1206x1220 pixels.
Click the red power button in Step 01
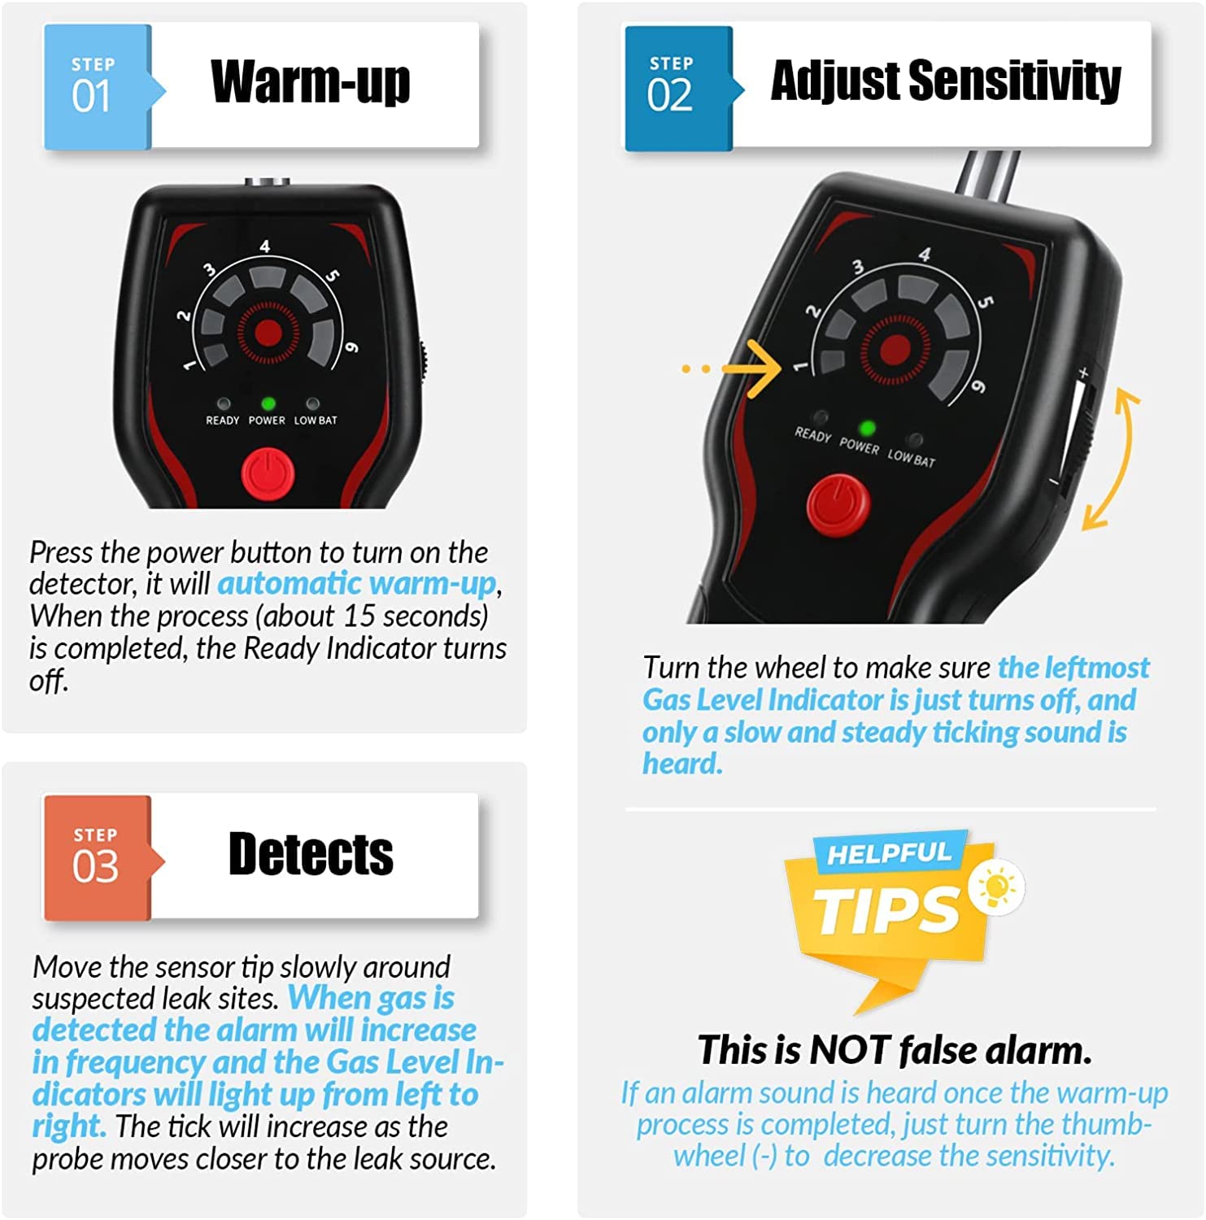(268, 475)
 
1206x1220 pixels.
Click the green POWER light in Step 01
(268, 403)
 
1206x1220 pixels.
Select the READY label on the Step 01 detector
(222, 420)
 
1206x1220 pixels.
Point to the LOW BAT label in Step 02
(911, 458)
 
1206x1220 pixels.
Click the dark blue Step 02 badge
(677, 87)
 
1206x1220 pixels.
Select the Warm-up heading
(310, 82)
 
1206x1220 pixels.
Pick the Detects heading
(311, 854)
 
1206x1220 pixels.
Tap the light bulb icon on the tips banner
(997, 887)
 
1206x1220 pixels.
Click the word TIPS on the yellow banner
(886, 909)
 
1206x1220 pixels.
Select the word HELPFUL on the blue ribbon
(888, 853)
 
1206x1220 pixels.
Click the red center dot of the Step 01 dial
(268, 332)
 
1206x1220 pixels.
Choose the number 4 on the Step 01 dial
(264, 246)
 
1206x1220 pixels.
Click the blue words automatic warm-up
(356, 584)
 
